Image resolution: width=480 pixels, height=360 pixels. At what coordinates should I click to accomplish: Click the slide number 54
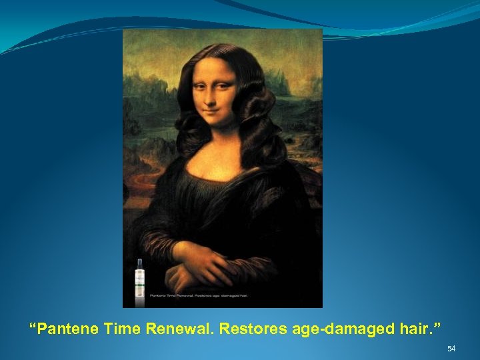pyautogui.click(x=451, y=349)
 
